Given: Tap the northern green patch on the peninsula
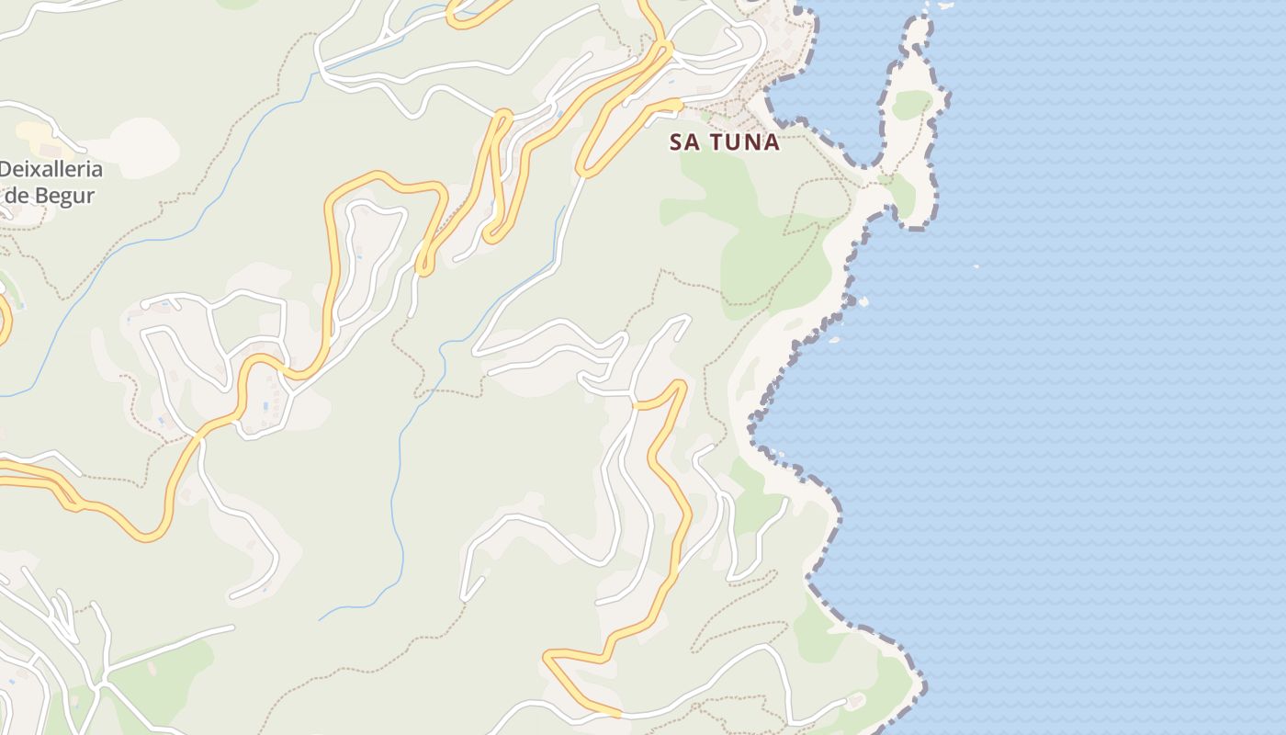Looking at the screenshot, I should tap(910, 104).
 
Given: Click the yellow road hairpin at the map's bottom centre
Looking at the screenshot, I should tap(551, 657).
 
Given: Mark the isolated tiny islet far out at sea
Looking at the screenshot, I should tap(976, 267).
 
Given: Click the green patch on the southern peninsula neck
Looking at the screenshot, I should tap(903, 193).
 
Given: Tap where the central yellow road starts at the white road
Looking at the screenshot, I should tap(635, 403).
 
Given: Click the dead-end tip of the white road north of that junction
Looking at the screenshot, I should tap(687, 318).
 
